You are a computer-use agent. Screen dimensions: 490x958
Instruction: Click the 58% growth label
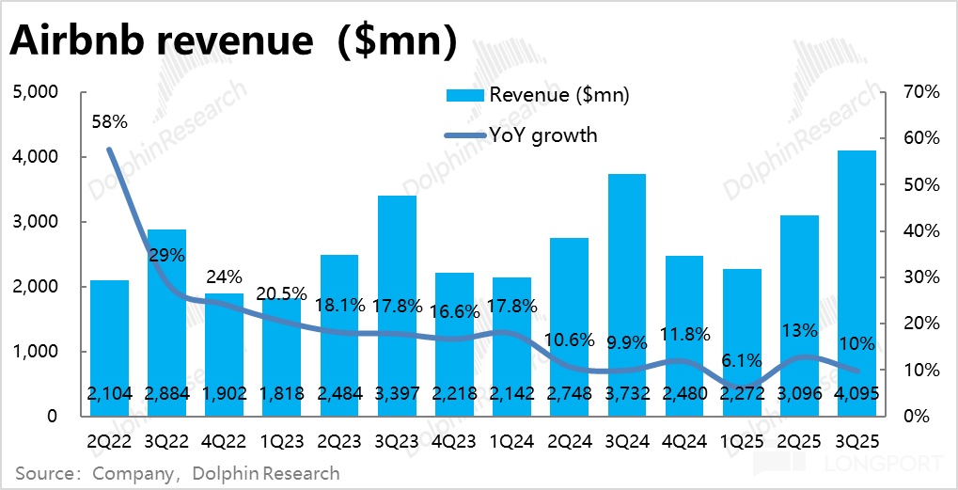click(x=109, y=121)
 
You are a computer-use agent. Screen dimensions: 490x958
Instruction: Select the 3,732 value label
click(x=627, y=394)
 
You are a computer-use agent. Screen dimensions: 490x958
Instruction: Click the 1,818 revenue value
click(x=282, y=394)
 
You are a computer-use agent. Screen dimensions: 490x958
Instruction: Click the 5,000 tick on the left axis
click(x=36, y=92)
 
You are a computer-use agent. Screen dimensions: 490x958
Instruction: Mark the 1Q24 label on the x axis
click(x=512, y=438)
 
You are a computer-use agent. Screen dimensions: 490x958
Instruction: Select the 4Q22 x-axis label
click(x=225, y=438)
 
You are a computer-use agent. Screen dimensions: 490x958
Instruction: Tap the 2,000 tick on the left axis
click(x=36, y=287)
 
